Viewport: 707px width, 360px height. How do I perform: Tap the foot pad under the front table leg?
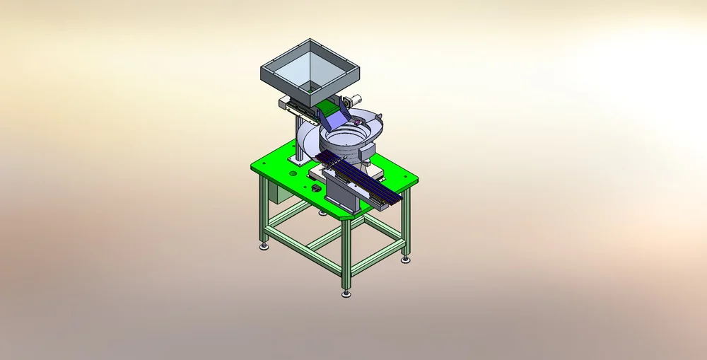[346, 292]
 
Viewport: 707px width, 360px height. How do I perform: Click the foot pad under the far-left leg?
[264, 246]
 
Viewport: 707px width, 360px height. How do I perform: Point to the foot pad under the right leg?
[406, 260]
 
